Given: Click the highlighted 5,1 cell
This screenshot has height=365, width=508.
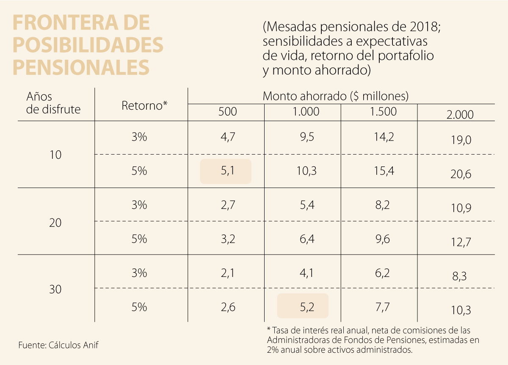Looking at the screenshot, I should (x=226, y=171).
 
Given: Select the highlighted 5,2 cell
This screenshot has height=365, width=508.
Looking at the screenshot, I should (x=303, y=306).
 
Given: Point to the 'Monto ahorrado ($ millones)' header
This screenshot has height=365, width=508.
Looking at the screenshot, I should (x=335, y=96).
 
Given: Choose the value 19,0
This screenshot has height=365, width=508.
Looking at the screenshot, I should (x=461, y=140).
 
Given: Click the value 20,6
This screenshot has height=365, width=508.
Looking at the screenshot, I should (x=461, y=174).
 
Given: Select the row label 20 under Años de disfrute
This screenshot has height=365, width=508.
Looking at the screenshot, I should (x=55, y=222).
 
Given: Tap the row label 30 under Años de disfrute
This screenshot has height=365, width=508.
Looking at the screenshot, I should (x=55, y=290).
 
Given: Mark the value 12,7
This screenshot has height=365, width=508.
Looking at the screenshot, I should (x=461, y=242).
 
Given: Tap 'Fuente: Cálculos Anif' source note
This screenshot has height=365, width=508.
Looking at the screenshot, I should (x=58, y=345).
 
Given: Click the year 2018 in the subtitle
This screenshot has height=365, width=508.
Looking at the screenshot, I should (x=424, y=28).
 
